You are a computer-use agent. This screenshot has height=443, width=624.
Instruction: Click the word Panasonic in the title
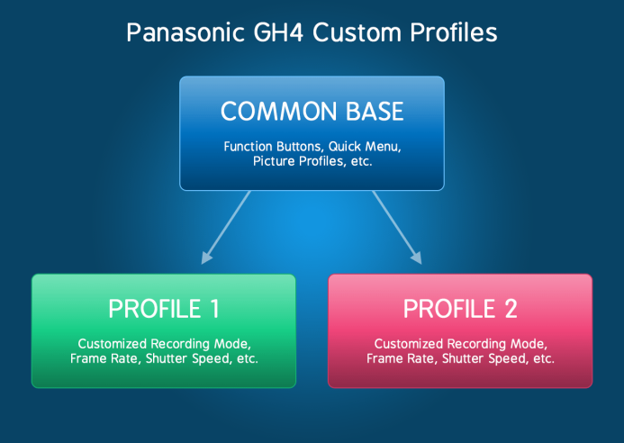(x=185, y=32)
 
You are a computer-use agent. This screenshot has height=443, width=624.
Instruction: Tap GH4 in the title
(x=278, y=32)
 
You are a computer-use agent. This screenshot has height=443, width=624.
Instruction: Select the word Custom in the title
(x=357, y=32)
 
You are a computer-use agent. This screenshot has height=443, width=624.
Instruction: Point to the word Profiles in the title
(x=454, y=32)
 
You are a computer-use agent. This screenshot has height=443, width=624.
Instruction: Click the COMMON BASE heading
(x=312, y=111)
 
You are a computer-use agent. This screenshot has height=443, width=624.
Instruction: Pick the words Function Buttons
(x=274, y=147)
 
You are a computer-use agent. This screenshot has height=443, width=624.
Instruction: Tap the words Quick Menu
(x=365, y=147)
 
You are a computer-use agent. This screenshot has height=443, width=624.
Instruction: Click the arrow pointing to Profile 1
(x=226, y=228)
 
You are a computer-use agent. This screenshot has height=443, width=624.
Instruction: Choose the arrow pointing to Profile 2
(x=397, y=228)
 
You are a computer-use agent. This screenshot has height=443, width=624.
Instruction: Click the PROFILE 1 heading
(x=164, y=309)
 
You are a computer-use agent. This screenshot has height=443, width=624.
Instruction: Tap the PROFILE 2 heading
(x=460, y=309)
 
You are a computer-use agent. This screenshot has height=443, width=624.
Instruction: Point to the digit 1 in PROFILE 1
(x=215, y=309)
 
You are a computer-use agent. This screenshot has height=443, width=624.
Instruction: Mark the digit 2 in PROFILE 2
(x=511, y=309)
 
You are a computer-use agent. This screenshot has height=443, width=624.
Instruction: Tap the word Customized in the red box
(x=408, y=344)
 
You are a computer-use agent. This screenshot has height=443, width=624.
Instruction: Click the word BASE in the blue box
(x=375, y=111)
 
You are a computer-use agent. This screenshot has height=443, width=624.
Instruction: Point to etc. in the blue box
(x=361, y=161)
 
